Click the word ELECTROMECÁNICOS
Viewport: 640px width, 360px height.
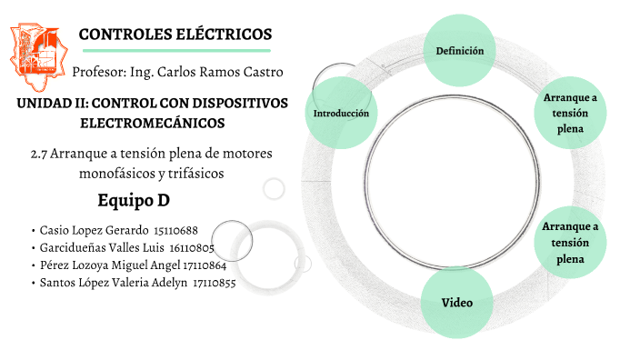[153, 122]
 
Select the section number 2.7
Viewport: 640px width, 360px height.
[39, 154]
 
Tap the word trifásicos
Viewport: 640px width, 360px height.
[193, 172]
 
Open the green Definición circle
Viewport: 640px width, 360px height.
[459, 51]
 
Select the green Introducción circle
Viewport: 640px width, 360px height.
[341, 114]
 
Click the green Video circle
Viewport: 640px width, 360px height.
[456, 302]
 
